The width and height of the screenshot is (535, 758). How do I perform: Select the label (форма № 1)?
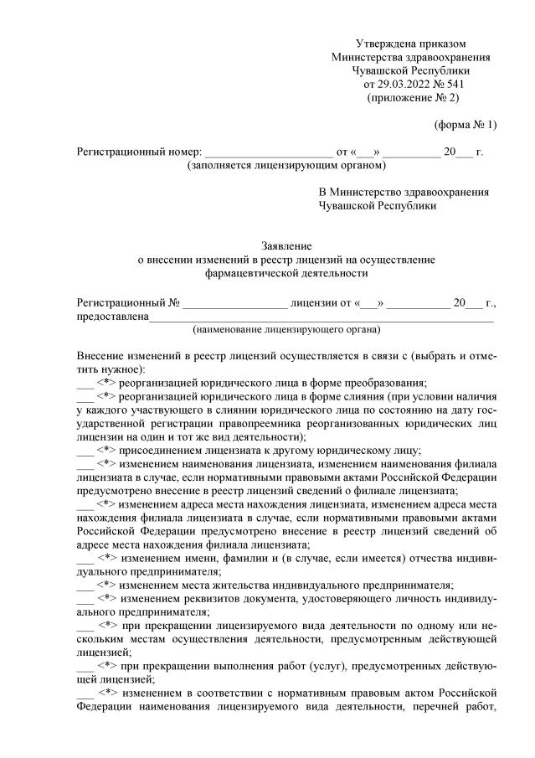(465, 125)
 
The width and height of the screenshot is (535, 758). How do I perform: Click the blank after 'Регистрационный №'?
(234, 302)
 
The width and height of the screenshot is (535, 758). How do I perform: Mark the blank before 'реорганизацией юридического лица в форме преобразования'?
(85, 383)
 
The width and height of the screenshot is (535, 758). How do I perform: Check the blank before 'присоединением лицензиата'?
(85, 449)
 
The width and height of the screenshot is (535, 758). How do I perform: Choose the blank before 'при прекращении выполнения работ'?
(85, 665)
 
